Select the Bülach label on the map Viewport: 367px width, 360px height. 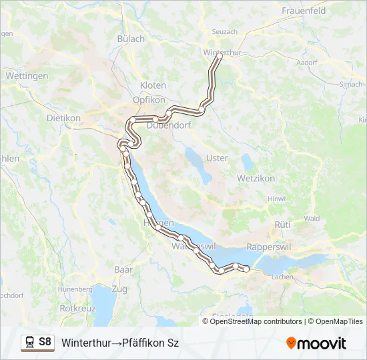pyautogui.click(x=131, y=39)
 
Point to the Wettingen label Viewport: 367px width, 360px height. pyautogui.click(x=27, y=76)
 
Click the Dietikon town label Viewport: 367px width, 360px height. pyautogui.click(x=63, y=118)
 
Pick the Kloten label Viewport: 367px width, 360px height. pyautogui.click(x=153, y=85)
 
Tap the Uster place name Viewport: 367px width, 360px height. pyautogui.click(x=218, y=158)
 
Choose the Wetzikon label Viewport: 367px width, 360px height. pyautogui.click(x=257, y=179)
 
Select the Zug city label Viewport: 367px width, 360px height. pyautogui.click(x=119, y=289)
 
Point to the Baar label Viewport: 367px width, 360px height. pyautogui.click(x=123, y=269)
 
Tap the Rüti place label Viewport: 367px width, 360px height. pyautogui.click(x=282, y=225)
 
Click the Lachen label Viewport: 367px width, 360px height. pyautogui.click(x=283, y=276)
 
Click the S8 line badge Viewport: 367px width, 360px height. pyautogui.click(x=45, y=342)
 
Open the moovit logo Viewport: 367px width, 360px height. pyautogui.click(x=316, y=343)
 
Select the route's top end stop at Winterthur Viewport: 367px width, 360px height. pyautogui.click(x=218, y=57)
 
